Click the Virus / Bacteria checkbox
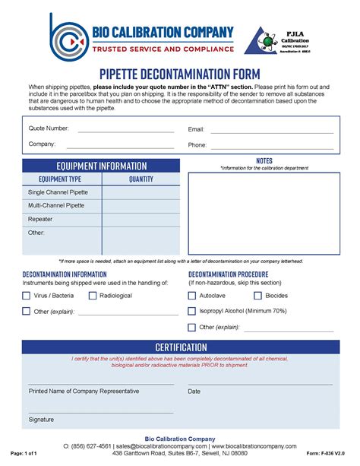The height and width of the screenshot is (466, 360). pos(27,296)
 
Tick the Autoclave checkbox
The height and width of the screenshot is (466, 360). pos(191,296)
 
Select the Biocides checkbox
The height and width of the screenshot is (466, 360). pos(257,296)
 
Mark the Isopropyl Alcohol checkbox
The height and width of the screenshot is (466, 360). pos(191,311)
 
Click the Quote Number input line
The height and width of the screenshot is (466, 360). pos(125,131)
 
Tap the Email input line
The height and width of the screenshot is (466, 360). pos(271,132)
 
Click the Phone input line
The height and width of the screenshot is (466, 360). pos(271,146)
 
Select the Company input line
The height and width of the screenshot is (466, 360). pos(125,146)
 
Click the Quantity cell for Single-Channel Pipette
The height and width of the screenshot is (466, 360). pos(141,192)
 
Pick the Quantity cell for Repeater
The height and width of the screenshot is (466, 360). pos(141,219)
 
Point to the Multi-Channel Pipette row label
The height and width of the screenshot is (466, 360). pos(56,205)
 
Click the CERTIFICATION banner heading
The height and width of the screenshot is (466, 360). pos(181,347)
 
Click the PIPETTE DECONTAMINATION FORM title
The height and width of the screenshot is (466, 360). pos(180,74)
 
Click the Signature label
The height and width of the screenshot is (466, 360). pos(41,419)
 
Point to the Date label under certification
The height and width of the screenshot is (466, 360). pos(194,392)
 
